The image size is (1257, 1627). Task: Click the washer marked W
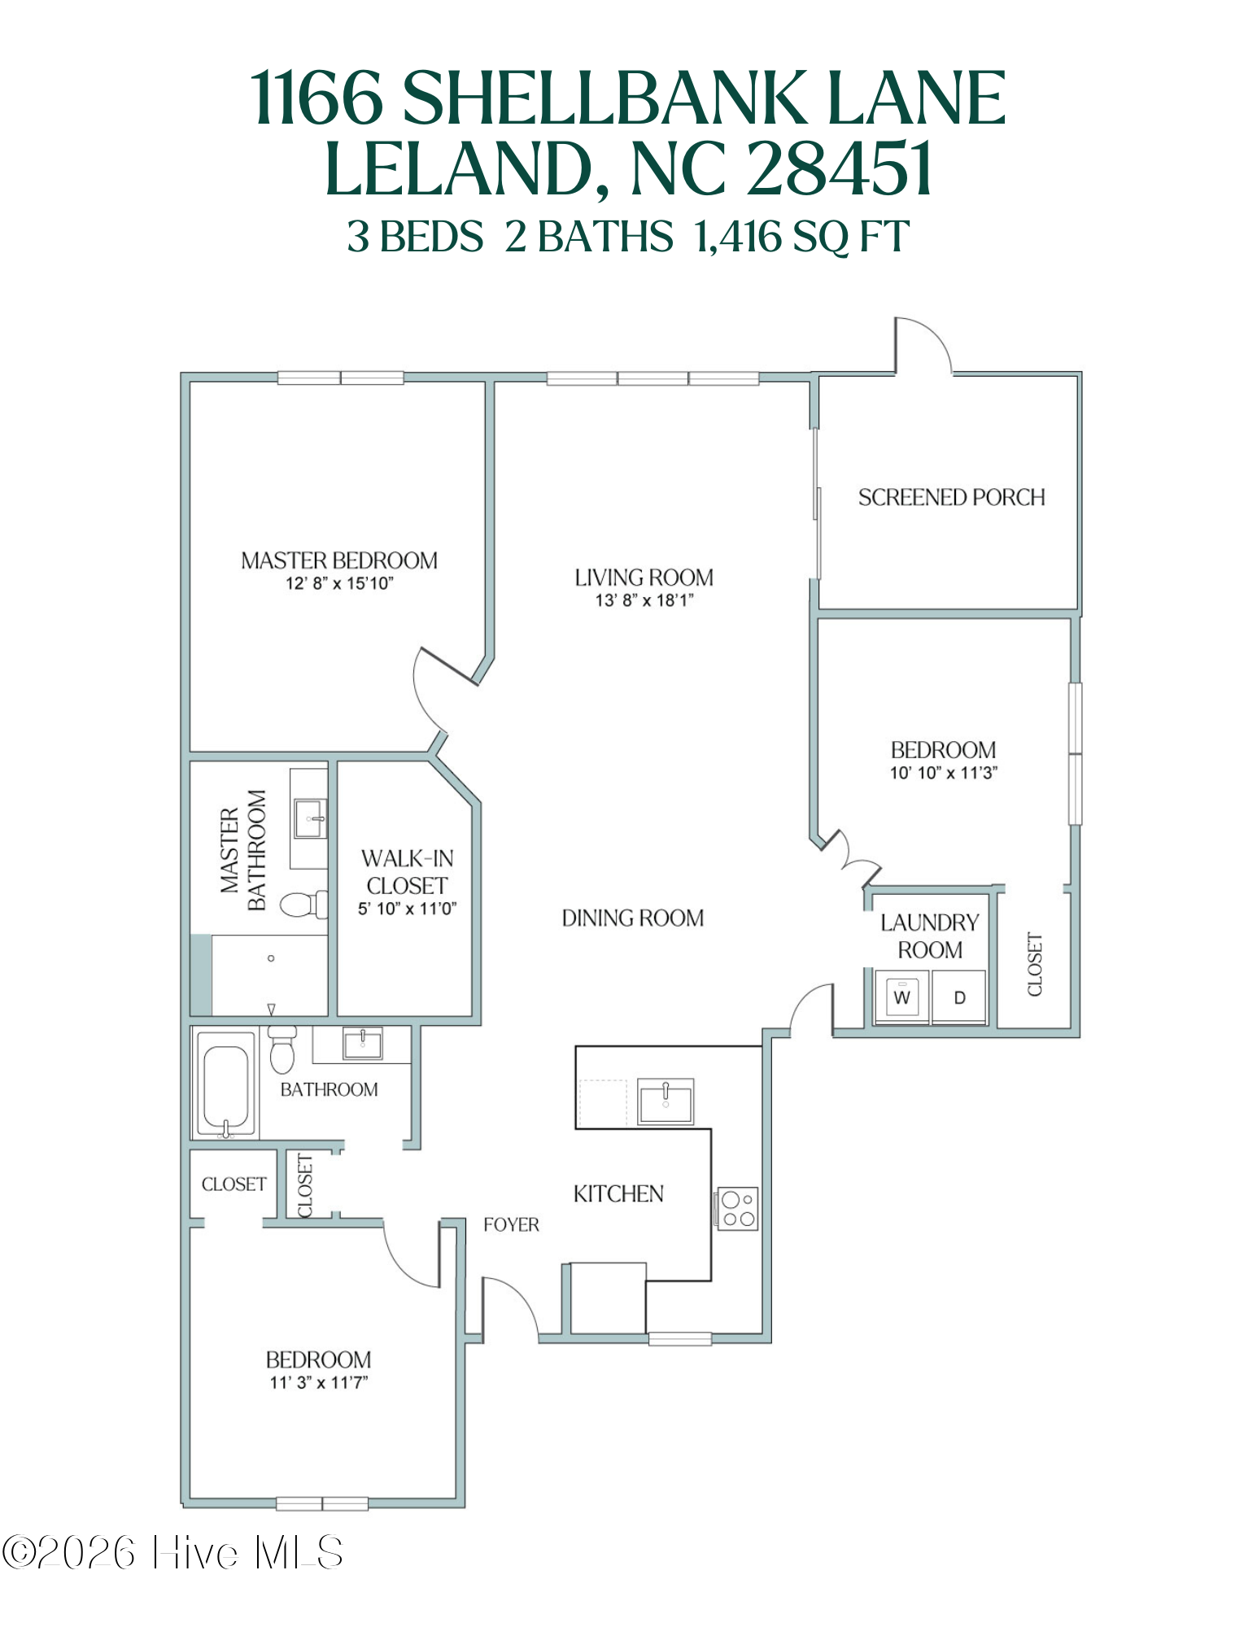901,997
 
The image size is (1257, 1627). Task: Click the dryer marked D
959,997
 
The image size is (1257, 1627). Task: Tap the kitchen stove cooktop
737,1209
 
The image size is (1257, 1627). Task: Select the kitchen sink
666,1101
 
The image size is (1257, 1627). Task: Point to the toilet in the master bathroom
303,904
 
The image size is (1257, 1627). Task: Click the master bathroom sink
310,818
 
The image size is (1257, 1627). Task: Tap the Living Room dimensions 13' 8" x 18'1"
644,600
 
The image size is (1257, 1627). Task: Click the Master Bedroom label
338,561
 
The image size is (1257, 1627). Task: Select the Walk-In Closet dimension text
407,909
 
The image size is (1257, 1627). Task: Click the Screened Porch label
951,497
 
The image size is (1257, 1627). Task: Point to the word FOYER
511,1224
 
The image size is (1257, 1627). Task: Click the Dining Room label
632,918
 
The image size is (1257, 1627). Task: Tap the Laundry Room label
929,936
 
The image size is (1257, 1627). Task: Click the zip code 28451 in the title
839,169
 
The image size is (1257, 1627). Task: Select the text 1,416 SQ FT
801,237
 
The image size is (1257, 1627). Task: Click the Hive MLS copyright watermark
172,1552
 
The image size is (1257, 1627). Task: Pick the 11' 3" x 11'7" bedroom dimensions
318,1382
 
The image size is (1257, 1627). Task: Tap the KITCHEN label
618,1193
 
